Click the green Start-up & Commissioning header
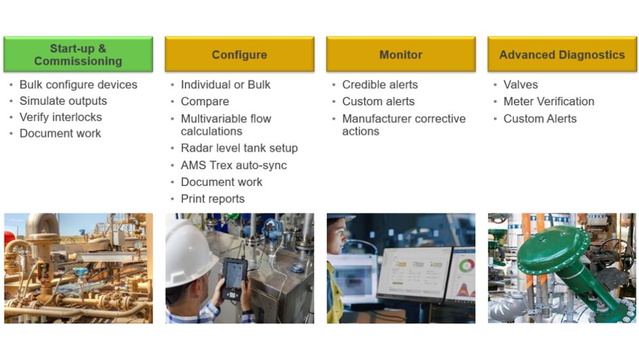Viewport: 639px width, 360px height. [78, 54]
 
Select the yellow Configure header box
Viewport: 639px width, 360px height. [239, 54]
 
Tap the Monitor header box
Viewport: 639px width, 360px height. [400, 54]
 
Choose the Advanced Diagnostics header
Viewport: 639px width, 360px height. [562, 54]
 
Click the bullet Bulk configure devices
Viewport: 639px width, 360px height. [78, 84]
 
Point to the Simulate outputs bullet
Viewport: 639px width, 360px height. [63, 101]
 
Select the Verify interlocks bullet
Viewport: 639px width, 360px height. [60, 117]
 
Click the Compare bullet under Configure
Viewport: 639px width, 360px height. [205, 101]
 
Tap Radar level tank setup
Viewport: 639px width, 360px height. [239, 148]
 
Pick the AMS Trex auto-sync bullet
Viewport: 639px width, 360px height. [233, 165]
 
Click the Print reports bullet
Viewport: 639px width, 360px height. [213, 199]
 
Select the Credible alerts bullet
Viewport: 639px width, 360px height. [379, 84]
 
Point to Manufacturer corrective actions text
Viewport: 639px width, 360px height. [404, 124]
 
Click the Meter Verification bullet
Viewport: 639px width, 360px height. [549, 101]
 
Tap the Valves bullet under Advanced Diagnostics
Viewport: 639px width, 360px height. [521, 84]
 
